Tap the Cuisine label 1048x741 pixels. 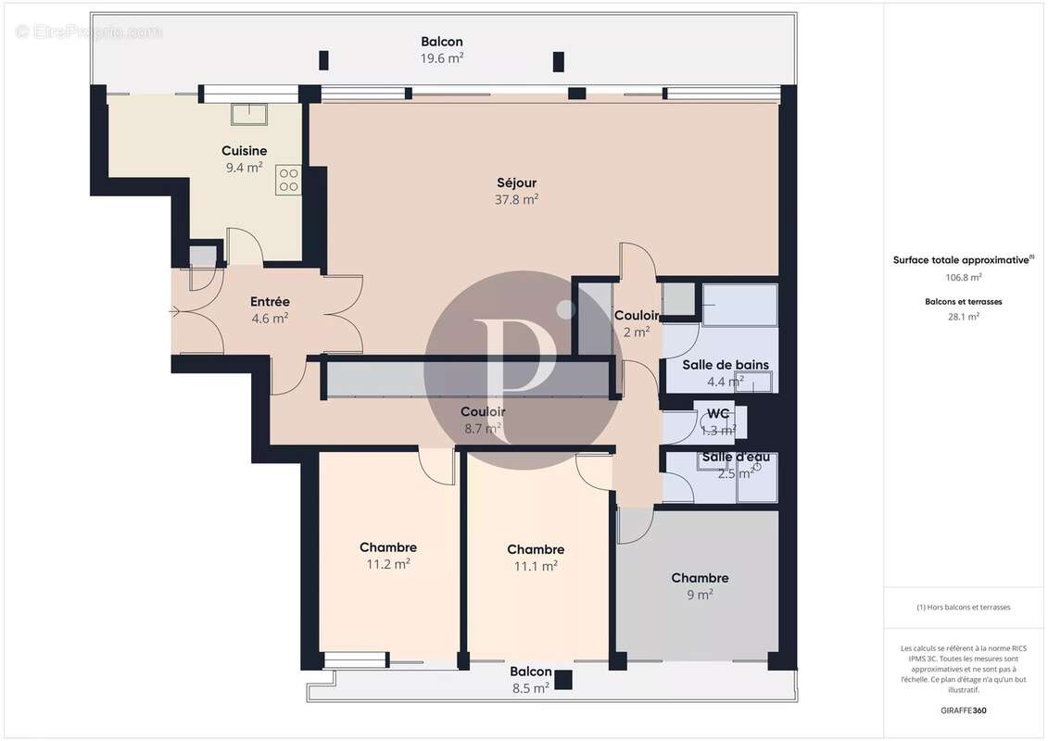(x=245, y=151)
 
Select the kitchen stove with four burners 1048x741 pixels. (x=287, y=179)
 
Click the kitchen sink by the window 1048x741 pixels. (x=248, y=113)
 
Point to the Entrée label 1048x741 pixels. (x=270, y=302)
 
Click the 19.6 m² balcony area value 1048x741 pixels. (x=442, y=57)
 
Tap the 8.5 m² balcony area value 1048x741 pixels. (x=530, y=687)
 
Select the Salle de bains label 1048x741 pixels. (x=726, y=365)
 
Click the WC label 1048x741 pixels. (x=718, y=414)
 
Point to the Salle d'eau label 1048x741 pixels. (x=735, y=458)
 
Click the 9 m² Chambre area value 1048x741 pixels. (x=700, y=595)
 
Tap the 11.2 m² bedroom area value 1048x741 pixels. (x=388, y=563)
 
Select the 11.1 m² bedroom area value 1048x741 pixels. (x=536, y=566)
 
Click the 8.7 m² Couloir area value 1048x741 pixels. (x=483, y=428)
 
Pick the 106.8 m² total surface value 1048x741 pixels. (x=964, y=276)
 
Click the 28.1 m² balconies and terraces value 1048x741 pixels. (x=964, y=316)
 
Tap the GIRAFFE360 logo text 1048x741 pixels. (x=964, y=710)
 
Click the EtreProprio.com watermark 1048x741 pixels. (x=89, y=31)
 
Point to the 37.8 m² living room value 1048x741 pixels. (x=517, y=199)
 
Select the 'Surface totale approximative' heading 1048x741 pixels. (x=961, y=260)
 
